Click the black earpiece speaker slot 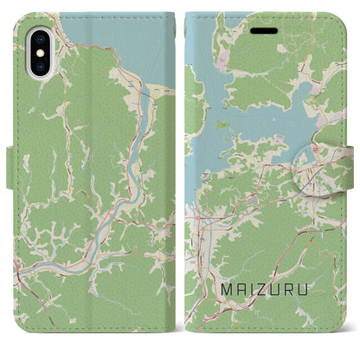(x=267, y=28)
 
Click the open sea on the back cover (x=112, y=43)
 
